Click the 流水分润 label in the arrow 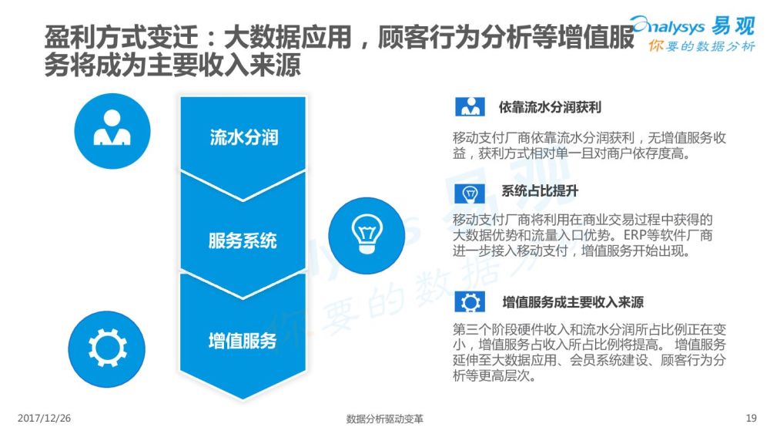tap(243, 138)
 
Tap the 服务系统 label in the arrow tap(243, 241)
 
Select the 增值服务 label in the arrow tap(243, 341)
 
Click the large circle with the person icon tap(112, 131)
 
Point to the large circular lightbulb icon tap(367, 235)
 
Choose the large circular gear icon tap(106, 349)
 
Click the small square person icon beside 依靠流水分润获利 tap(470, 106)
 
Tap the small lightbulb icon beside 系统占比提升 tap(470, 193)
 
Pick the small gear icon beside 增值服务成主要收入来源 tap(470, 301)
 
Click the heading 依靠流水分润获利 tap(550, 107)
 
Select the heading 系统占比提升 tap(540, 190)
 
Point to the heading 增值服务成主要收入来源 tap(573, 301)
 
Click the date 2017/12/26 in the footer tap(44, 419)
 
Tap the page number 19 tap(752, 419)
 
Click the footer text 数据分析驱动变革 tap(384, 419)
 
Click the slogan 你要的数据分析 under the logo tap(701, 46)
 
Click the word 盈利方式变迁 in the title tap(122, 37)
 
